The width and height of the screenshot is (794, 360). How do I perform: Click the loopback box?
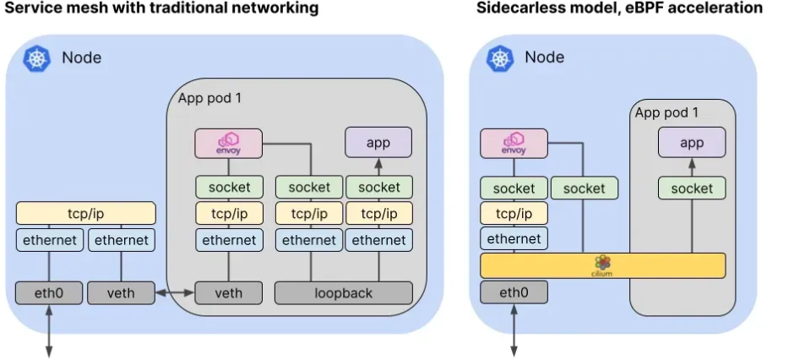click(343, 293)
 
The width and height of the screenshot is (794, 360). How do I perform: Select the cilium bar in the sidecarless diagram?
click(602, 265)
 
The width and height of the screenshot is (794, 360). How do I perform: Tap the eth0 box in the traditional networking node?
click(49, 293)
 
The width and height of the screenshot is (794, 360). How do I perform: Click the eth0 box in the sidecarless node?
click(514, 293)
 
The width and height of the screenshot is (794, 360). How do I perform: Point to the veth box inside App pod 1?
click(228, 293)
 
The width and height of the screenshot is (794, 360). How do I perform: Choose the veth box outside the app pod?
click(121, 293)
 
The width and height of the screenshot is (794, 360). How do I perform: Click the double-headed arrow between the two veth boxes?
click(175, 293)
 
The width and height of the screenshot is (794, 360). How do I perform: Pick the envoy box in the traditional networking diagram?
click(228, 142)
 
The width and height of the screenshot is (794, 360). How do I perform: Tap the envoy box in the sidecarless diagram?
click(514, 143)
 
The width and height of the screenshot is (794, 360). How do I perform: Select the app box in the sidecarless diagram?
click(692, 143)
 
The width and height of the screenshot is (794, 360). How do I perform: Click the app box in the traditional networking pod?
click(378, 142)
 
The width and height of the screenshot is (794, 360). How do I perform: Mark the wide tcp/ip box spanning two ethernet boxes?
click(85, 213)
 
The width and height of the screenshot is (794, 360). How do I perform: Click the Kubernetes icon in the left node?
click(37, 58)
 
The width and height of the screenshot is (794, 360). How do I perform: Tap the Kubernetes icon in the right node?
click(500, 58)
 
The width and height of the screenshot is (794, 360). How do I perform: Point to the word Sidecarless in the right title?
click(518, 8)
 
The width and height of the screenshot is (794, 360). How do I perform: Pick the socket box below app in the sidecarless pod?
click(692, 188)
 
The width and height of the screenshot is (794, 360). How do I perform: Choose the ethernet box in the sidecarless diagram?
click(514, 238)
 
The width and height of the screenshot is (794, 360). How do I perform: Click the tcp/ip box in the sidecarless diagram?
click(514, 213)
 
